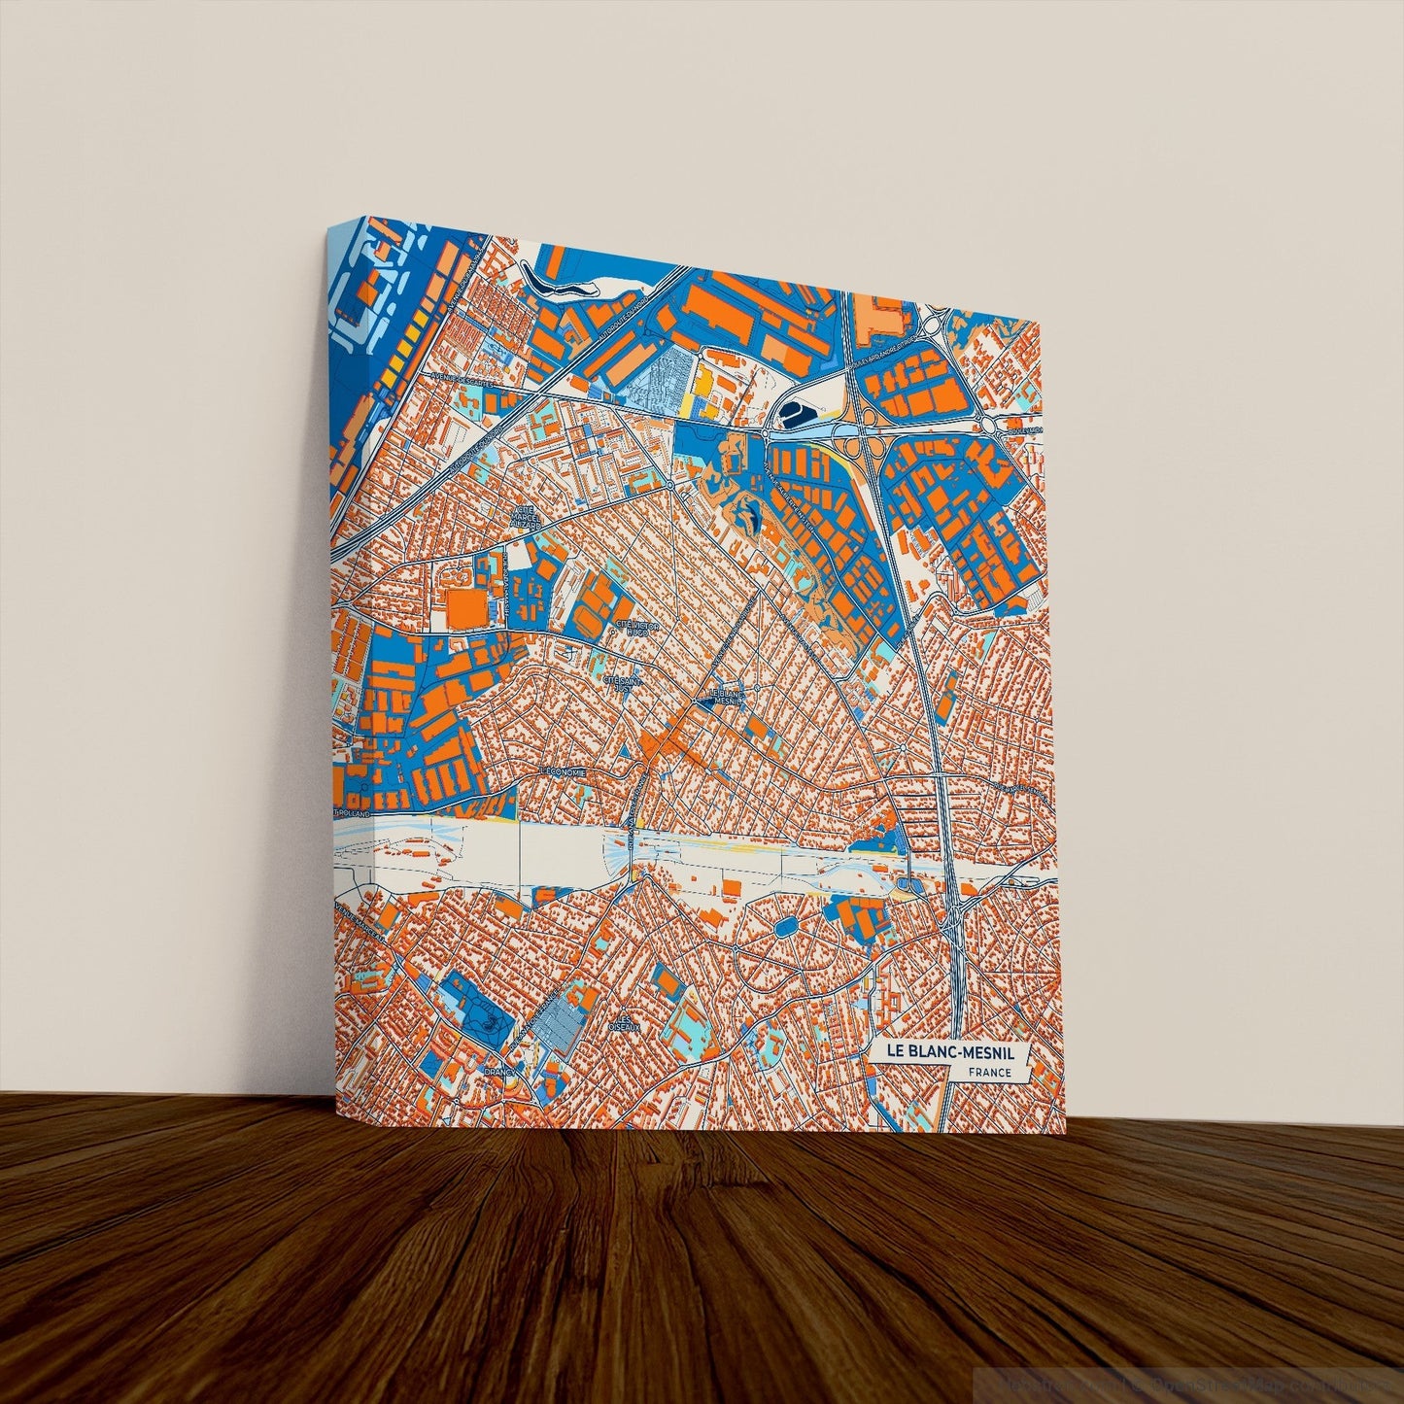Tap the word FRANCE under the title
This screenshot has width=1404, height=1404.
point(989,1073)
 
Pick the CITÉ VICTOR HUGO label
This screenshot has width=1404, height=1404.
point(636,628)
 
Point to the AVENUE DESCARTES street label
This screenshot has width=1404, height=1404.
point(459,380)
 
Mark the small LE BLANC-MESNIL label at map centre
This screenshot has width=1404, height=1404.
point(722,697)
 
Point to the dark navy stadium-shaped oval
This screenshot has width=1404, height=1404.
point(795,416)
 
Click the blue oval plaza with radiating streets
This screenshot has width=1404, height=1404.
point(781,928)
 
